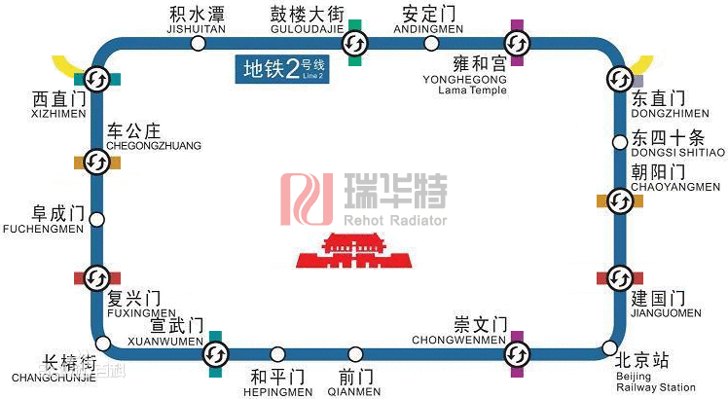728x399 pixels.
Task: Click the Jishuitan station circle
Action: point(198,44)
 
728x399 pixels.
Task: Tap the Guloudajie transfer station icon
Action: point(354,43)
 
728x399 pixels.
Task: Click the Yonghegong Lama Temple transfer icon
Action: point(517,43)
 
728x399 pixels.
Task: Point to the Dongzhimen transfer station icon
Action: point(619,78)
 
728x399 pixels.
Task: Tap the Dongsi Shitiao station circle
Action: point(620,143)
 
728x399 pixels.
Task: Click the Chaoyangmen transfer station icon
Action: point(620,201)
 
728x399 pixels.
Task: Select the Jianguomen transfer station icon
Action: point(620,278)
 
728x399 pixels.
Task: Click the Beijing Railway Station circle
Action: point(609,347)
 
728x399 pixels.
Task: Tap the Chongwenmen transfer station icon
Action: point(517,354)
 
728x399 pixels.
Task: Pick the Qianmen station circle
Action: point(356,354)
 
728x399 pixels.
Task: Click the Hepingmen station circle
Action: point(279,354)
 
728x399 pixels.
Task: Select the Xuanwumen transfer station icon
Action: point(216,354)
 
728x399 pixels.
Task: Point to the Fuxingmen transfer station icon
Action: point(96,278)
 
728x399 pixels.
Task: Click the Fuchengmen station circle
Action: point(96,219)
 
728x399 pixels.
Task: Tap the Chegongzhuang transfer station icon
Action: point(96,162)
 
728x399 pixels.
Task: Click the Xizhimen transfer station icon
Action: point(96,78)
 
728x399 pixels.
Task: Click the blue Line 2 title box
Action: point(284,69)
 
